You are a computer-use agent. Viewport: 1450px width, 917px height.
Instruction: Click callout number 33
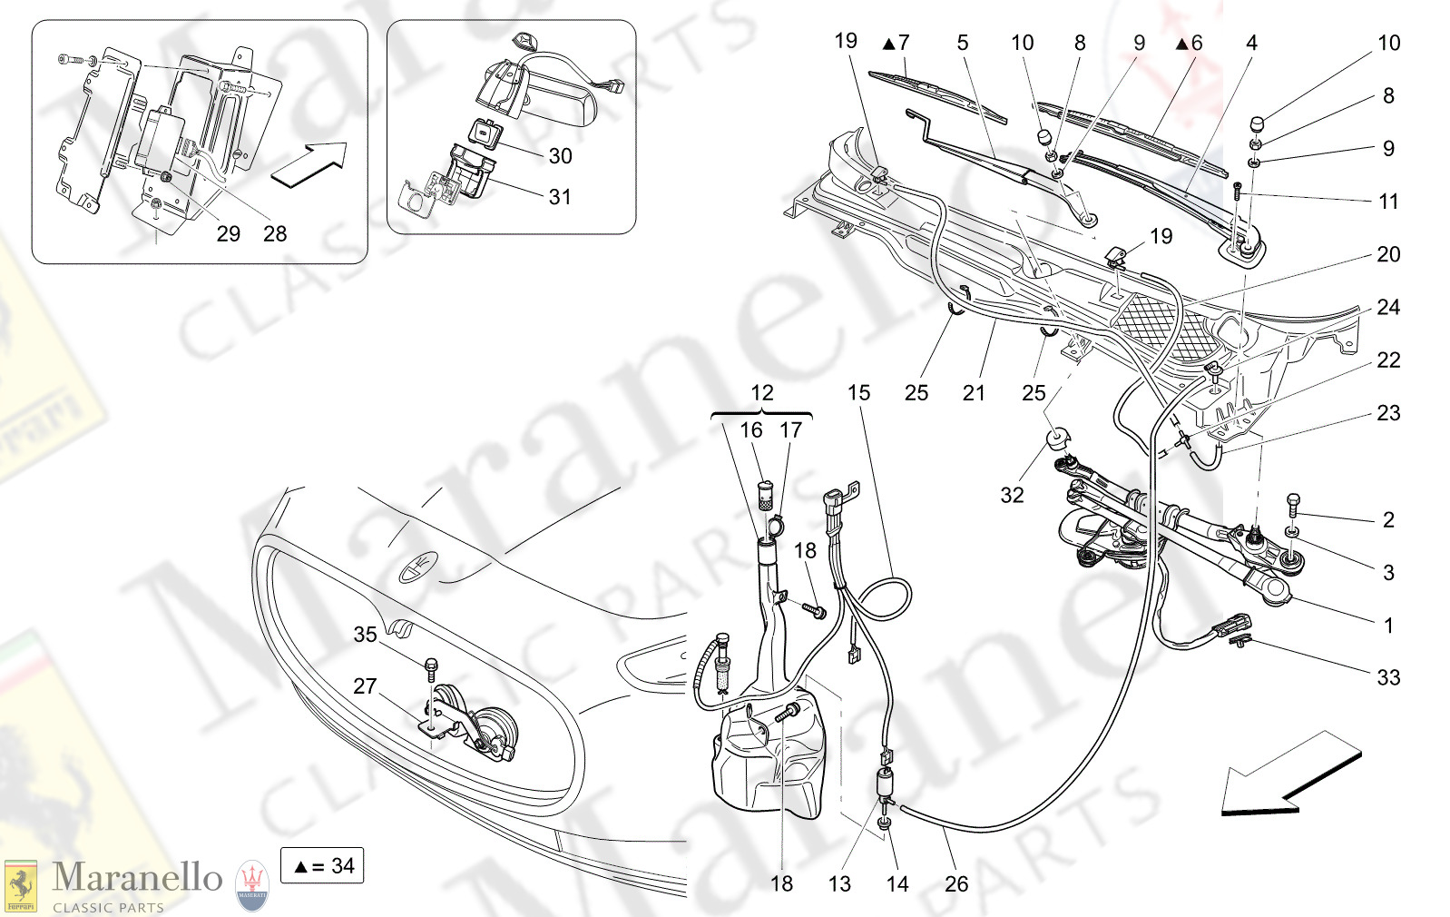click(x=1387, y=677)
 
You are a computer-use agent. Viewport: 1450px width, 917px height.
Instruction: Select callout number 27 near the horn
click(x=365, y=686)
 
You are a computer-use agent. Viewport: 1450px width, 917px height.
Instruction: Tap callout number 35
click(x=365, y=635)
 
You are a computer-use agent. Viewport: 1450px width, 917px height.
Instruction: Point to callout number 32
click(x=1012, y=495)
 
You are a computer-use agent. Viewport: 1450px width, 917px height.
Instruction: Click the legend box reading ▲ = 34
click(x=323, y=866)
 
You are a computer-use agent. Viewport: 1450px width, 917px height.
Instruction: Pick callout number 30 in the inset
click(x=560, y=156)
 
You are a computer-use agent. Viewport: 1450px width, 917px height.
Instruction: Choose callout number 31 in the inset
click(x=560, y=197)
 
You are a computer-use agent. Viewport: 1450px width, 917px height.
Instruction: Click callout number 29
click(x=228, y=234)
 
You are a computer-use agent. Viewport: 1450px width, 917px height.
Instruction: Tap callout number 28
click(x=275, y=234)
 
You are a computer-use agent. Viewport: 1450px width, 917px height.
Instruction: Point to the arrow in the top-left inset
click(x=309, y=164)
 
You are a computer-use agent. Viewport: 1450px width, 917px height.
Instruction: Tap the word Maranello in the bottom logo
click(x=137, y=877)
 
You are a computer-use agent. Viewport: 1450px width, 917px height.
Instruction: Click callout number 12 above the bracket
click(x=761, y=393)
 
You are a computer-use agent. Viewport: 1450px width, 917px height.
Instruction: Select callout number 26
click(x=956, y=884)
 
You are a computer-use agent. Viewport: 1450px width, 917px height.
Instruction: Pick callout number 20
click(x=1387, y=254)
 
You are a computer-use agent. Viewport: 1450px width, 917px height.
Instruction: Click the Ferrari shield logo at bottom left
click(x=20, y=885)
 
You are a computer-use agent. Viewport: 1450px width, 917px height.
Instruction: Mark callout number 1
click(x=1387, y=626)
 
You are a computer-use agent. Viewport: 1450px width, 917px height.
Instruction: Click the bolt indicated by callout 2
click(x=1293, y=503)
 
